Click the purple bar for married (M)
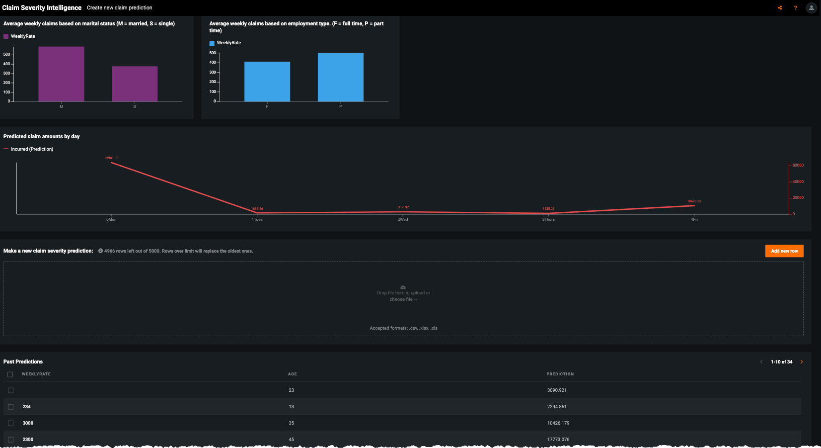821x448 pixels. [61, 74]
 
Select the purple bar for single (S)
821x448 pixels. [135, 84]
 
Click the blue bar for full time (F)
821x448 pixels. [267, 82]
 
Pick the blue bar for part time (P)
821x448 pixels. [341, 77]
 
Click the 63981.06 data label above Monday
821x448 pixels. [111, 158]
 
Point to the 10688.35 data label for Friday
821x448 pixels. [694, 201]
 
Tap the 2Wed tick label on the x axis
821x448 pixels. [403, 219]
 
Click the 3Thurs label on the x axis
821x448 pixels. [548, 219]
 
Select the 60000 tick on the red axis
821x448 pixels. [798, 165]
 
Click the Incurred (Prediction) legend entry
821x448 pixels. [32, 149]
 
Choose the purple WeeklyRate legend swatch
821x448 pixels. [6, 36]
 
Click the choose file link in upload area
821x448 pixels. [403, 299]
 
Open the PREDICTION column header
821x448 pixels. [560, 374]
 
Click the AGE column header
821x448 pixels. [292, 374]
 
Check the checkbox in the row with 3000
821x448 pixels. [10, 423]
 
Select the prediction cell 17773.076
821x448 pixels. [558, 440]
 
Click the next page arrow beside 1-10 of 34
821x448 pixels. [801, 362]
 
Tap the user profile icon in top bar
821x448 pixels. [811, 8]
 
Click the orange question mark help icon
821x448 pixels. [795, 8]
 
